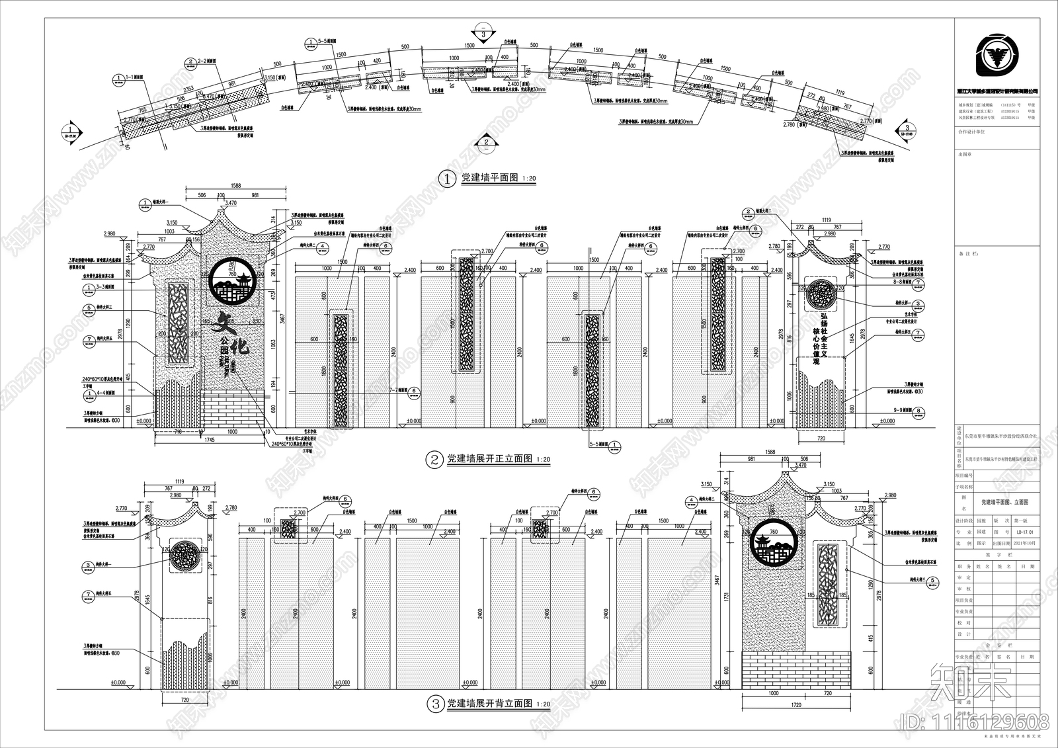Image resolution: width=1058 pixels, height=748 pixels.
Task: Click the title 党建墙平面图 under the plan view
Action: tap(489, 178)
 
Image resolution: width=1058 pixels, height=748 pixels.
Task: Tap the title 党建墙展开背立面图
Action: tap(489, 704)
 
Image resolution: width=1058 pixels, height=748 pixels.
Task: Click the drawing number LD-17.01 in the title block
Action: tap(1025, 532)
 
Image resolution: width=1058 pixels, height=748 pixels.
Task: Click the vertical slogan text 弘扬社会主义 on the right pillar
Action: tap(825, 331)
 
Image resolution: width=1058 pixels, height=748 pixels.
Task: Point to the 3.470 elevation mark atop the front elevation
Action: tap(231, 202)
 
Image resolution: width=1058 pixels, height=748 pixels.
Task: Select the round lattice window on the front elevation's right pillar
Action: tap(823, 296)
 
